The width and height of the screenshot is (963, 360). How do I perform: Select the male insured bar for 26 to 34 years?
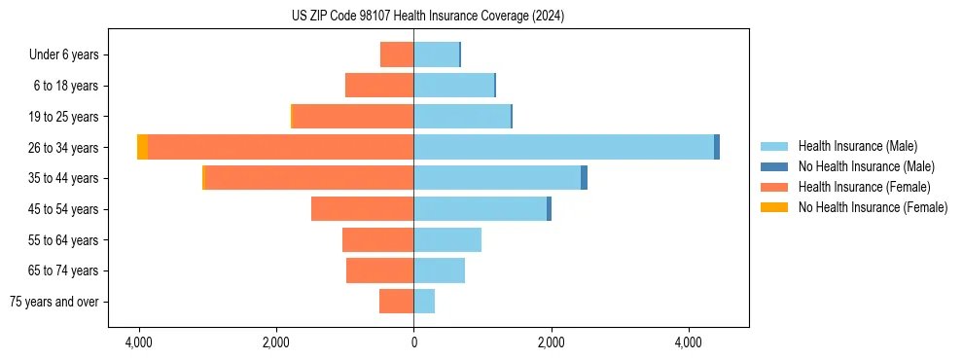click(563, 147)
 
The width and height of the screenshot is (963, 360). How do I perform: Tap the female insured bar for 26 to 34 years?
click(280, 147)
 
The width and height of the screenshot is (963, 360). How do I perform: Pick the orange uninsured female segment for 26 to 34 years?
click(142, 147)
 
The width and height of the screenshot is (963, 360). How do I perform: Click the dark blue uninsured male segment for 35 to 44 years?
click(584, 178)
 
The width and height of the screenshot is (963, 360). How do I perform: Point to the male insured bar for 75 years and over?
click(424, 302)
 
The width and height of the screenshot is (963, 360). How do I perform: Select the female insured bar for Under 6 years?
click(397, 54)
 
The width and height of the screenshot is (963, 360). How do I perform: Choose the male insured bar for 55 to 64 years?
click(447, 239)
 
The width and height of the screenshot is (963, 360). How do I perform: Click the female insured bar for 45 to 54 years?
click(362, 209)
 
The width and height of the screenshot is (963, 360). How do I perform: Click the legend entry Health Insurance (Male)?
click(857, 146)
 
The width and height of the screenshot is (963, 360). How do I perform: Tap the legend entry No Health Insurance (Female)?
click(873, 207)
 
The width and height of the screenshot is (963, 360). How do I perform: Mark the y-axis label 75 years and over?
click(54, 302)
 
